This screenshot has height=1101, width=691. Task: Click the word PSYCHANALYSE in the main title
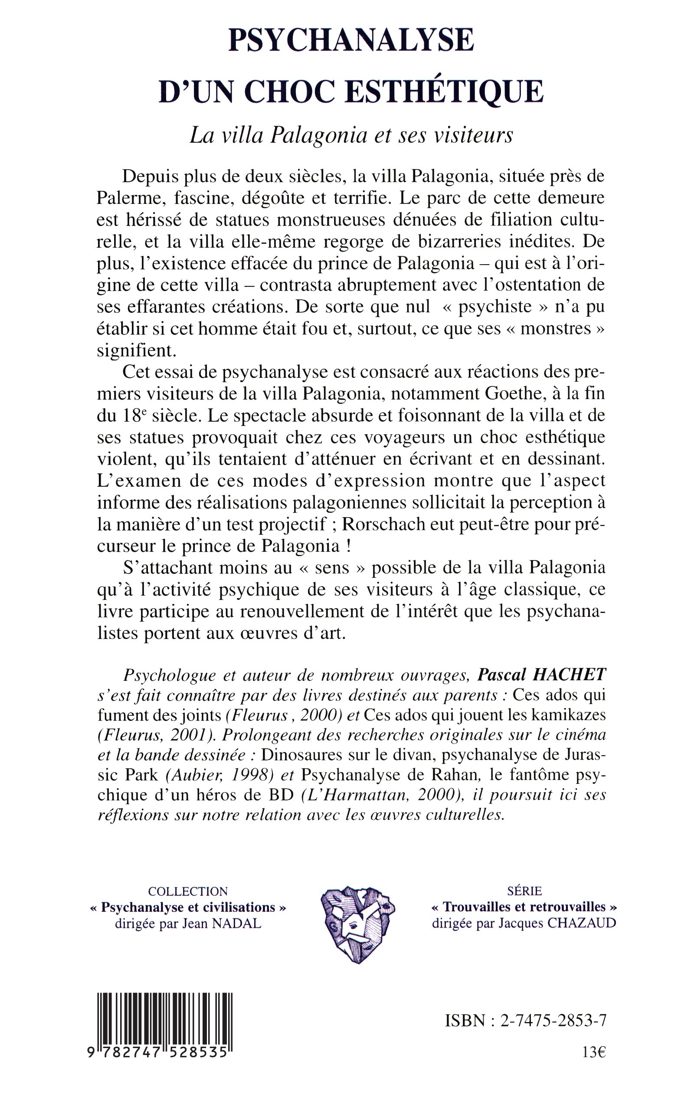click(351, 40)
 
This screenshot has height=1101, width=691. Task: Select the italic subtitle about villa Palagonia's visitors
click(351, 135)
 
